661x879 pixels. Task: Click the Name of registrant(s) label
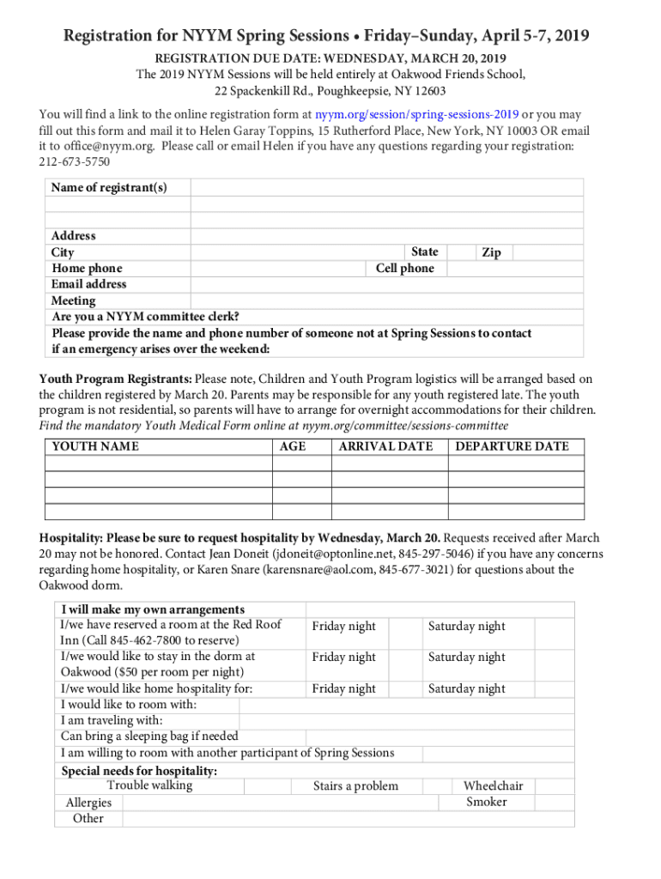pos(109,188)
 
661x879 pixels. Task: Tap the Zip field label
pos(491,252)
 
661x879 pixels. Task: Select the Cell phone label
pos(405,269)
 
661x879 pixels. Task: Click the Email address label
pos(88,284)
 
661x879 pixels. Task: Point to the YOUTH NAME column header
pos(95,446)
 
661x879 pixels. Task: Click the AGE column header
pos(293,446)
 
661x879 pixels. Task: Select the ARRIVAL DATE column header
pos(385,446)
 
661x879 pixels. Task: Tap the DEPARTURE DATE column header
pos(512,446)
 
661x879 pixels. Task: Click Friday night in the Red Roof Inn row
pos(343,627)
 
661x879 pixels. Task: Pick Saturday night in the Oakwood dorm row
pos(466,658)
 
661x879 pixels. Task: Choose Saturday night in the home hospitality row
pos(466,689)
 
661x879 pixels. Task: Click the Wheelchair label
pos(493,786)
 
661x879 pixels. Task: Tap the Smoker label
pos(487,803)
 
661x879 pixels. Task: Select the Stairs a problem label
pos(355,786)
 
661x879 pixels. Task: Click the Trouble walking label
pos(149,785)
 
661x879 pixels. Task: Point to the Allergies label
pos(88,803)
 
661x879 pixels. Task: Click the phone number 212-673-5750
pos(75,162)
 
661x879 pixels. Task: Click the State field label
pos(424,252)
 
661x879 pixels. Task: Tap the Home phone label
pos(87,269)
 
